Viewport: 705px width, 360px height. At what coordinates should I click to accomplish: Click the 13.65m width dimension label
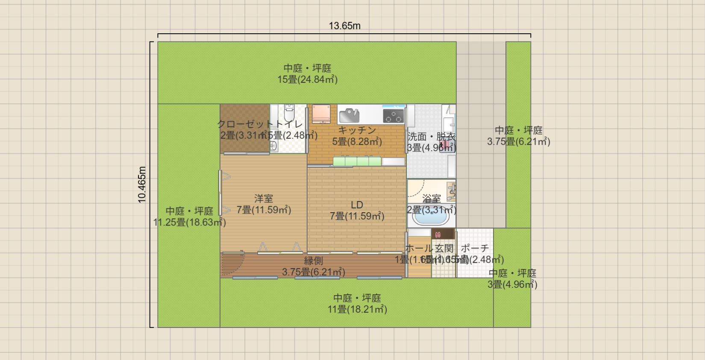[x=344, y=26]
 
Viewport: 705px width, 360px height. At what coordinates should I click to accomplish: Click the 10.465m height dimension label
[x=142, y=184]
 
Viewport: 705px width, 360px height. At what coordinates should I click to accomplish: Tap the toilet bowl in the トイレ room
[x=289, y=114]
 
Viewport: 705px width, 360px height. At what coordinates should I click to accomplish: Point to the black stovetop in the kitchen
[x=394, y=116]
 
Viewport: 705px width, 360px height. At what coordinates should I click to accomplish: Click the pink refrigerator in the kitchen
[x=320, y=114]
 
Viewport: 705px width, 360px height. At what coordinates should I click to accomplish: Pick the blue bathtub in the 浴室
[x=431, y=217]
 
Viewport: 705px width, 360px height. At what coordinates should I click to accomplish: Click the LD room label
[x=357, y=205]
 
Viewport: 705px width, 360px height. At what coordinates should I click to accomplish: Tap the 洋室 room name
[x=264, y=199]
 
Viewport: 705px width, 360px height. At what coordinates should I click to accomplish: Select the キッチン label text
[x=357, y=130]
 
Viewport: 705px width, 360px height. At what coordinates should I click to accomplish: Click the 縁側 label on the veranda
[x=313, y=261]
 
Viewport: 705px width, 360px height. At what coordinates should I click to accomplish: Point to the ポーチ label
[x=475, y=248]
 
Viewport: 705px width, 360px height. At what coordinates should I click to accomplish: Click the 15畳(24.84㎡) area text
[x=308, y=79]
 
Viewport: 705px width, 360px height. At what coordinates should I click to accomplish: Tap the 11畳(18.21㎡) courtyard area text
[x=357, y=310]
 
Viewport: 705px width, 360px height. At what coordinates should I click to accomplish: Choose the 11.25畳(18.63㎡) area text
[x=190, y=222]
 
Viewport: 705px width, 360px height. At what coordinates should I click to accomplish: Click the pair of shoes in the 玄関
[x=438, y=234]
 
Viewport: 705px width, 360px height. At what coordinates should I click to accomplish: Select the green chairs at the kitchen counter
[x=357, y=161]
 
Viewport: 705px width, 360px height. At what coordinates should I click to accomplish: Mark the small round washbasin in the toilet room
[x=273, y=146]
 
